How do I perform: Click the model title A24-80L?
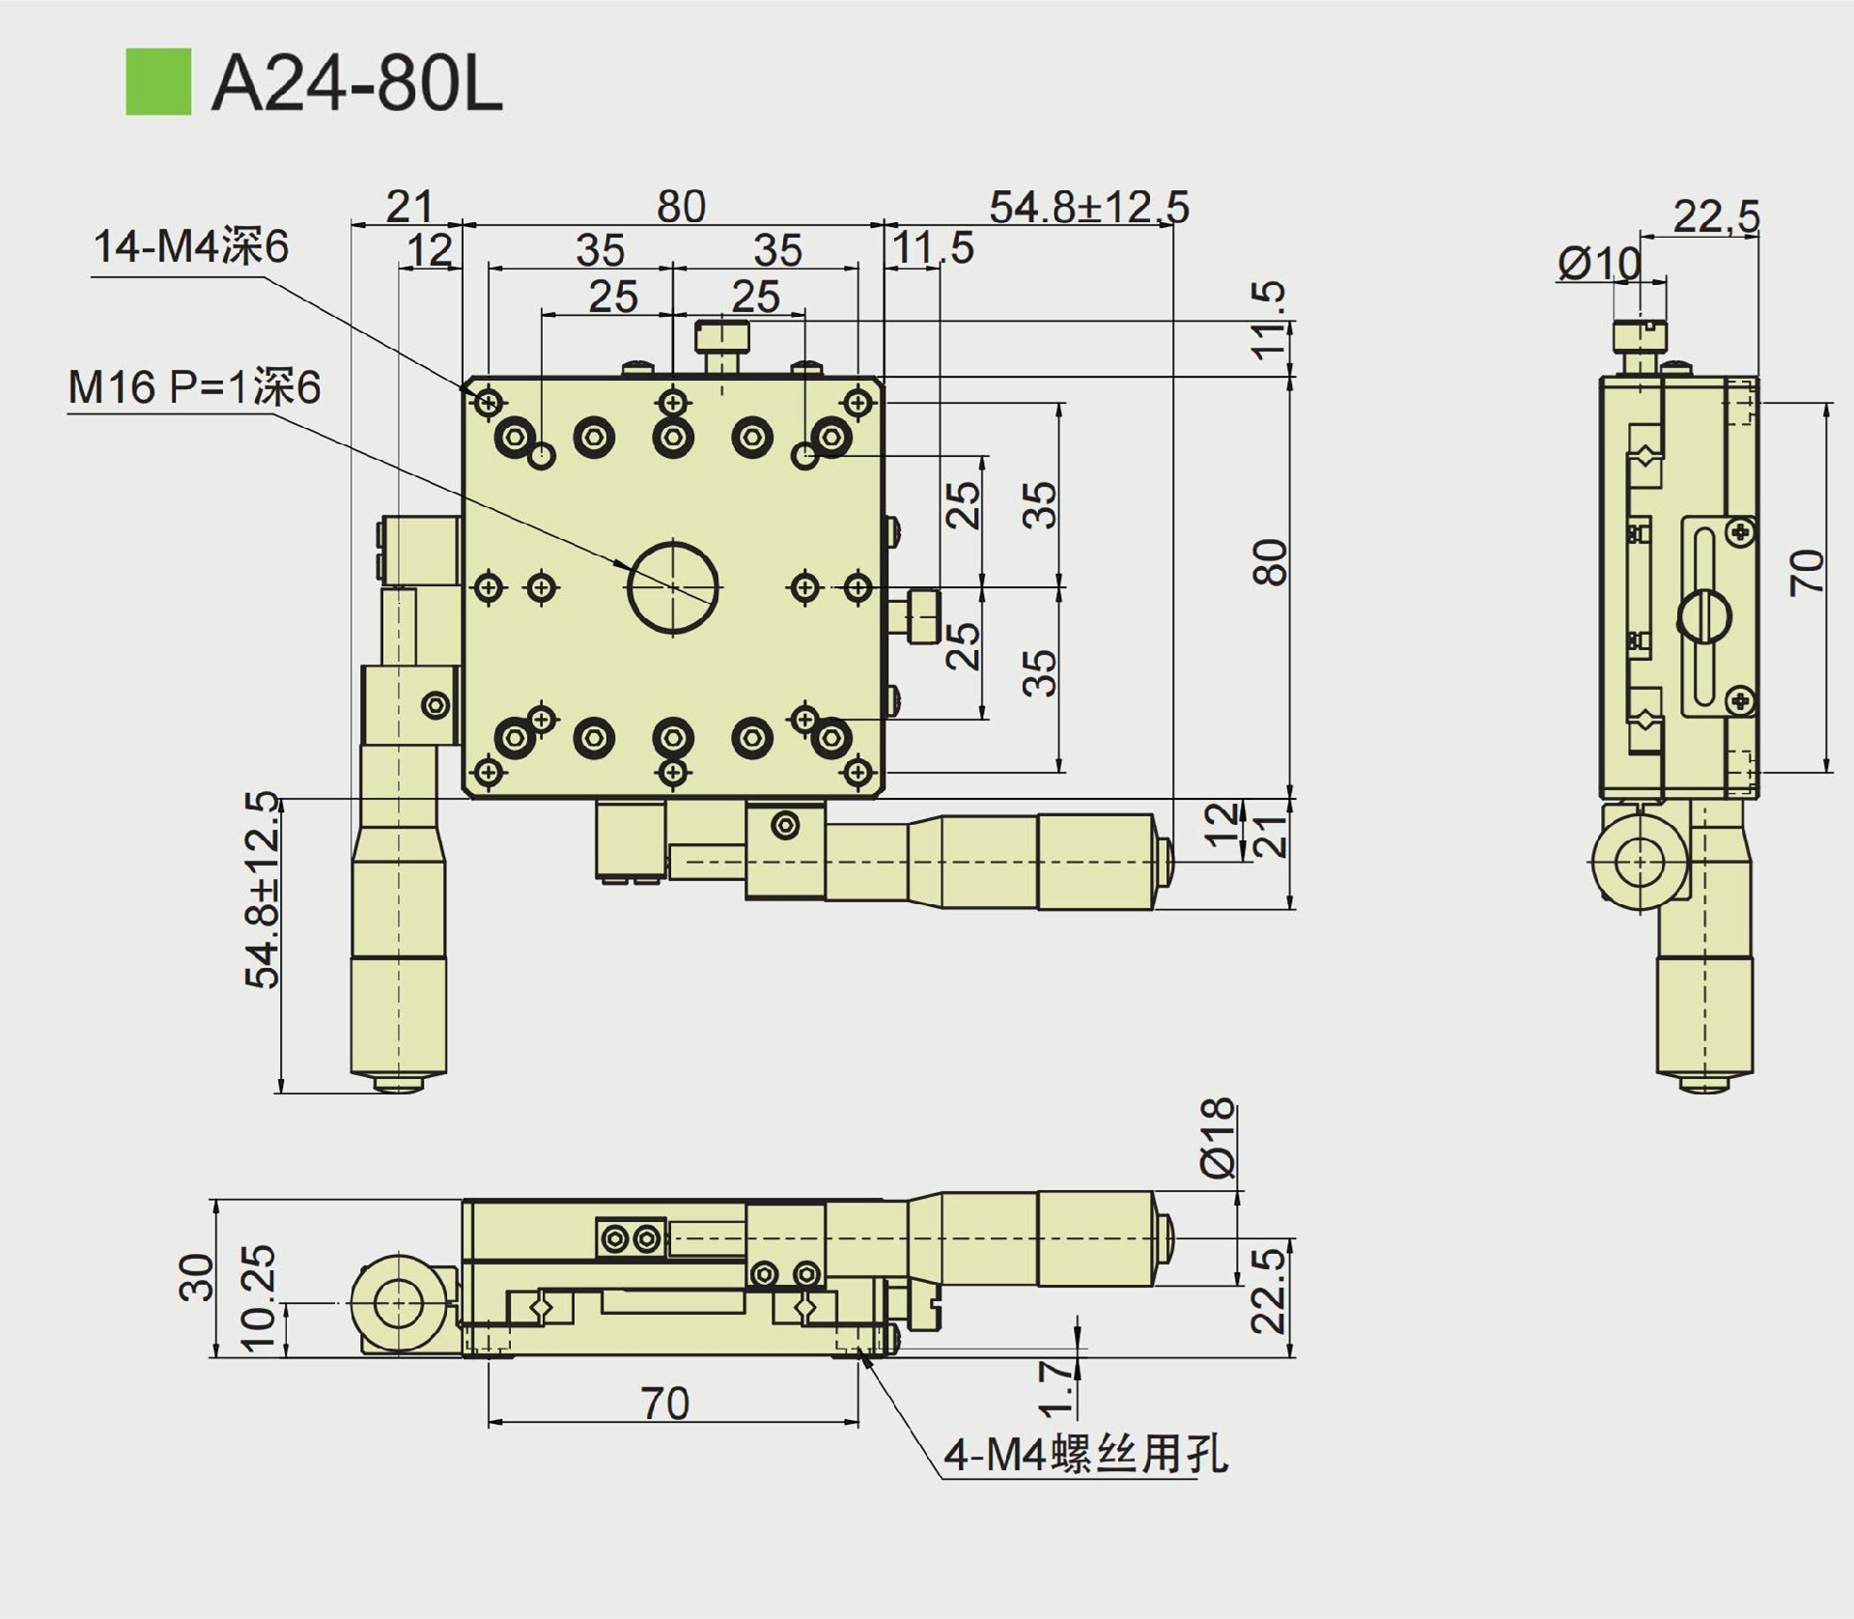[356, 84]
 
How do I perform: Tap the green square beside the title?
[158, 82]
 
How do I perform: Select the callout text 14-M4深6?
[190, 247]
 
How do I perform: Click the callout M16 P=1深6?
[193, 388]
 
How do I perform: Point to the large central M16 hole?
[673, 586]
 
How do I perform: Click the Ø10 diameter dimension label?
[1598, 263]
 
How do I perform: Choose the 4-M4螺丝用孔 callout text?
[1085, 1454]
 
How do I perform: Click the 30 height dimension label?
[197, 1277]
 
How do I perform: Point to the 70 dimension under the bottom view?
[665, 1404]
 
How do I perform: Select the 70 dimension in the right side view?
[1807, 572]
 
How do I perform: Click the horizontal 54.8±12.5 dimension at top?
[1088, 207]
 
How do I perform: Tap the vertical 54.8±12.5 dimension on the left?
[262, 890]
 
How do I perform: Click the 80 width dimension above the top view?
[681, 207]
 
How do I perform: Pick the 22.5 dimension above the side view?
[1716, 215]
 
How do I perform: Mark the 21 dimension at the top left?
[408, 206]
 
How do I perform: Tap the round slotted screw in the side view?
[1704, 615]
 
